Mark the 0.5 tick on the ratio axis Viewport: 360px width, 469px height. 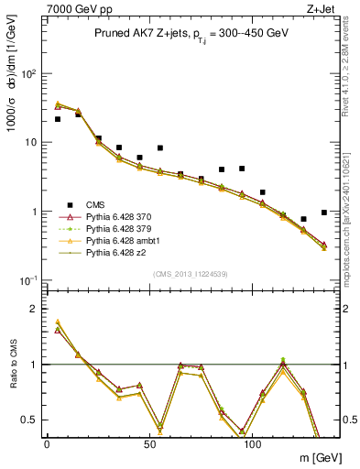33,420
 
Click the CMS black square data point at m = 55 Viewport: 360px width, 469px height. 160,147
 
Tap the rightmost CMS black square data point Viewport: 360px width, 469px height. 324,213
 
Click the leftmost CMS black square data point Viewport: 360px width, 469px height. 58,119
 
